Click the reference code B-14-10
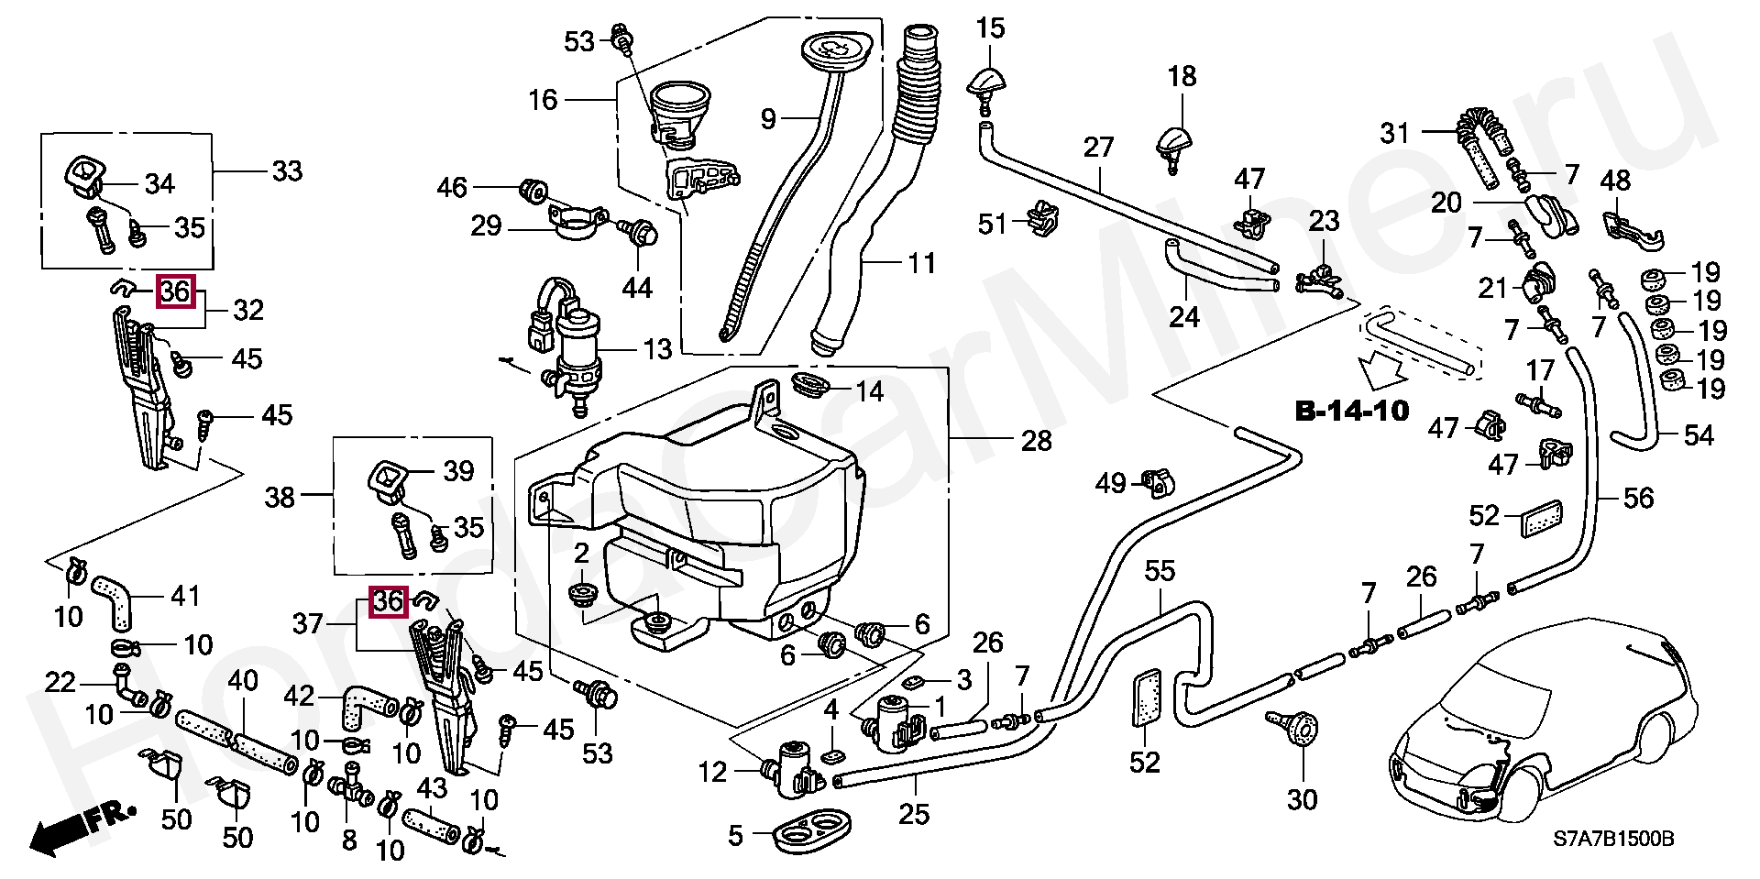pyautogui.click(x=1351, y=411)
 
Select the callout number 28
pyautogui.click(x=1036, y=441)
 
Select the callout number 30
pyautogui.click(x=1302, y=799)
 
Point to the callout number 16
pyautogui.click(x=543, y=99)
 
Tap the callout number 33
pyautogui.click(x=287, y=171)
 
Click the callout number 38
pyautogui.click(x=280, y=497)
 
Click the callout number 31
pyautogui.click(x=1394, y=134)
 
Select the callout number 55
pyautogui.click(x=1160, y=571)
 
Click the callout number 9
pyautogui.click(x=768, y=117)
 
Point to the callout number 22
pyautogui.click(x=60, y=682)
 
